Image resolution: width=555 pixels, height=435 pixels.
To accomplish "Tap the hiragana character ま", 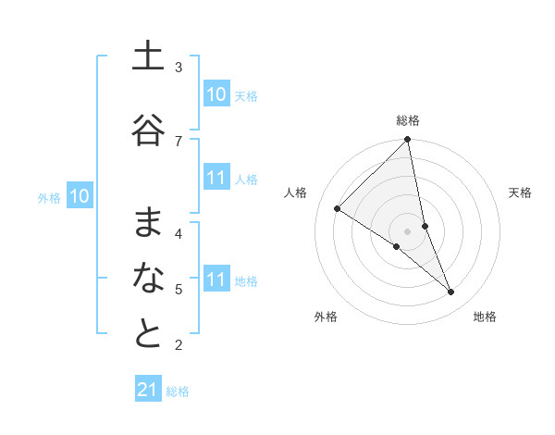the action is [148, 223].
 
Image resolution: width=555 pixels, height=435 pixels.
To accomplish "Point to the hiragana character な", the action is [148, 279].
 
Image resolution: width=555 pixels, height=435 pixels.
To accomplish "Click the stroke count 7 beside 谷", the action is [179, 141].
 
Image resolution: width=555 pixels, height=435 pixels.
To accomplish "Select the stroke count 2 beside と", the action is [179, 346].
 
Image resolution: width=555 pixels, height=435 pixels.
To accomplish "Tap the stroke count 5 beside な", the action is [179, 290].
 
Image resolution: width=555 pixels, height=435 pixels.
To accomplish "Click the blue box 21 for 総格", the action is [148, 390].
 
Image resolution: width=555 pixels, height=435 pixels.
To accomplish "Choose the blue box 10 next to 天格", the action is [216, 93].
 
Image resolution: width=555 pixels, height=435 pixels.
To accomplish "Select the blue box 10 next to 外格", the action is [80, 195].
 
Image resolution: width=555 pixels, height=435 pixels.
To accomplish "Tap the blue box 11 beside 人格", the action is [216, 178].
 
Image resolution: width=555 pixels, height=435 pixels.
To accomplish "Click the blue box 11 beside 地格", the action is [216, 280].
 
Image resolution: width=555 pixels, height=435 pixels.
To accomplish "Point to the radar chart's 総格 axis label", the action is [408, 120].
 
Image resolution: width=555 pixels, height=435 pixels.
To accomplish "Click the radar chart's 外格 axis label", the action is [326, 317].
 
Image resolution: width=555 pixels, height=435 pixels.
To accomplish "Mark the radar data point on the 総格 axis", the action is [408, 140].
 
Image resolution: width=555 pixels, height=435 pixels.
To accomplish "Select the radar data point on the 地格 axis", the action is [451, 292].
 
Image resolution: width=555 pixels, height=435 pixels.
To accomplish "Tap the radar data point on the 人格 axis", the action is [338, 209].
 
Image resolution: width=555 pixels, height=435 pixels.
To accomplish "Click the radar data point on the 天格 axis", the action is [425, 226].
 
